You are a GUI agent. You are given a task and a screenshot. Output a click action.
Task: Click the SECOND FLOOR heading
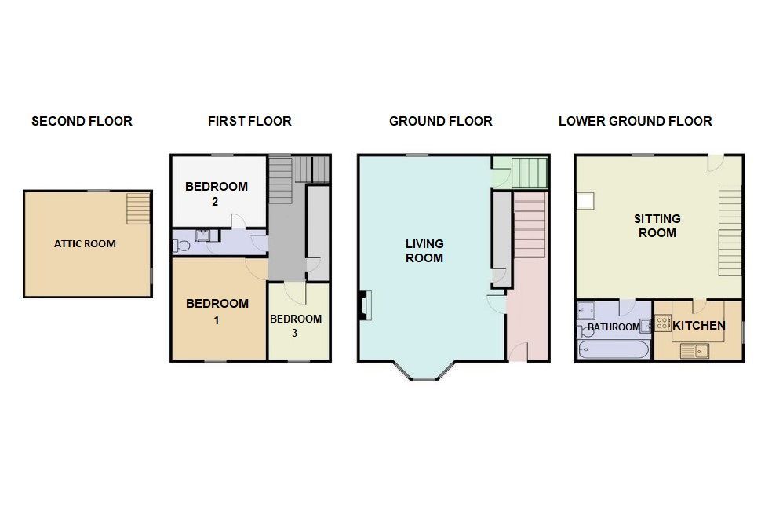pos(82,121)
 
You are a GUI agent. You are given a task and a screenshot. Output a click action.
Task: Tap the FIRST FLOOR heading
pos(249,121)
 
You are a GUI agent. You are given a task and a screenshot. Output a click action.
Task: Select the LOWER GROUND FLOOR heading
pos(636,121)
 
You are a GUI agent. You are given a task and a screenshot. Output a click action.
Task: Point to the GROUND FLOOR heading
pos(440,121)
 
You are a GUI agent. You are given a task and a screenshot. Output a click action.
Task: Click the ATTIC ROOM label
pos(85,244)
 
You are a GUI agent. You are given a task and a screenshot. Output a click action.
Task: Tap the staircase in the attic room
pos(138,208)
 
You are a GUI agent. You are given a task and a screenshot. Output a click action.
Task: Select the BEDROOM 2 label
pos(217,194)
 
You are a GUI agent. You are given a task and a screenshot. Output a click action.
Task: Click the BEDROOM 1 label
pos(217,311)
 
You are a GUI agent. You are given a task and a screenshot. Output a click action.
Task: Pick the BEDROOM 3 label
pos(296,326)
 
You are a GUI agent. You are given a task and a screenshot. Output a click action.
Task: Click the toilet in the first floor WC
pos(180,246)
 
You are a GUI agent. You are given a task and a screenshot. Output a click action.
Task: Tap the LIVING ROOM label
pos(424,250)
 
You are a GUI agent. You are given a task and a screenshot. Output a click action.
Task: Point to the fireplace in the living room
pos(365,305)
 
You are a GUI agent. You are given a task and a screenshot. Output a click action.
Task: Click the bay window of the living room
pos(424,371)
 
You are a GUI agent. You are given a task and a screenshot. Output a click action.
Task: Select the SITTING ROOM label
pos(657,226)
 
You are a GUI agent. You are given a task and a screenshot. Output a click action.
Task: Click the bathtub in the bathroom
pos(614,349)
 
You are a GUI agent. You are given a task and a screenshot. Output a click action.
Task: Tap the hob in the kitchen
pos(663,323)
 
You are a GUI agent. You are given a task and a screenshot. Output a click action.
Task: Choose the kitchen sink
pos(694,351)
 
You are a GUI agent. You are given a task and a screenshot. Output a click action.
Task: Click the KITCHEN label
pos(698,326)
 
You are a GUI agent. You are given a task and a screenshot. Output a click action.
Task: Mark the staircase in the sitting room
pos(730,231)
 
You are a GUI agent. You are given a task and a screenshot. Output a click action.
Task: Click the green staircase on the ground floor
pos(530,173)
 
